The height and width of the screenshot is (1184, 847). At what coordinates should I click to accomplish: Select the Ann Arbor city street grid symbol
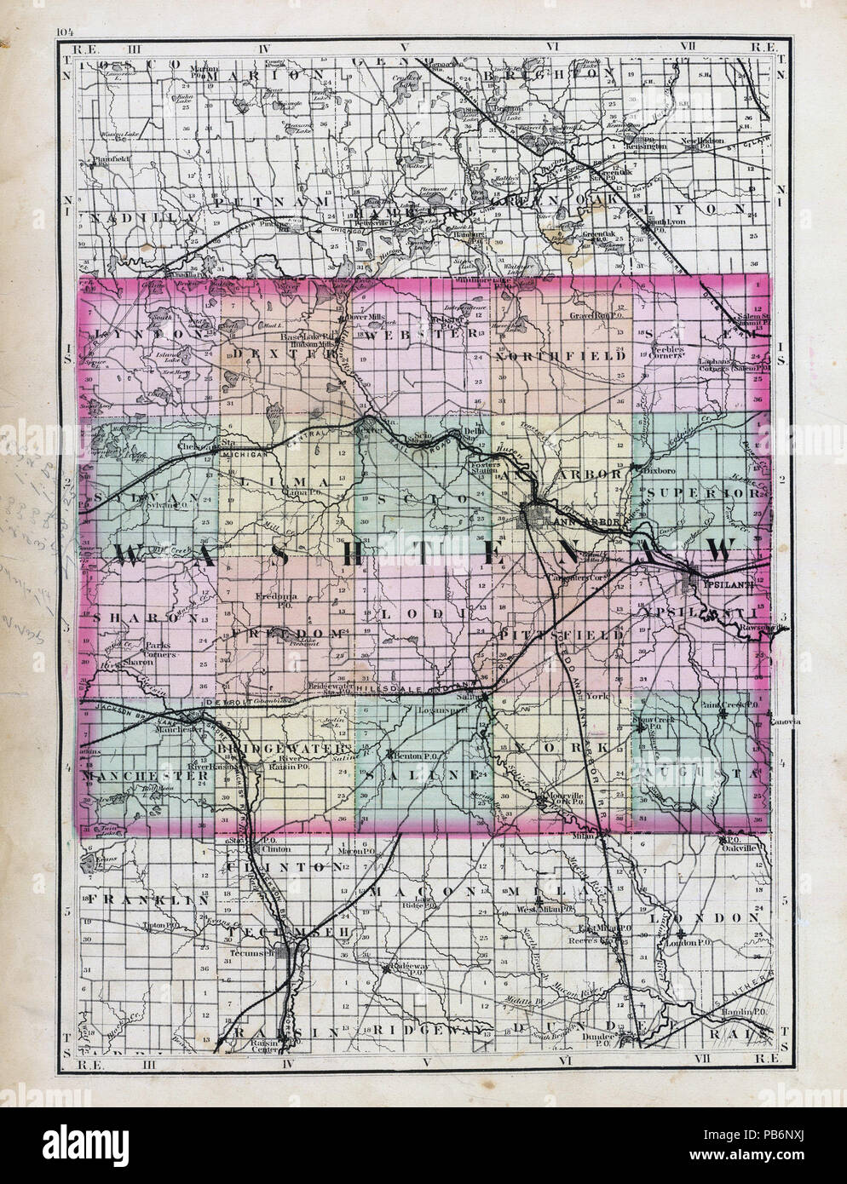tap(535, 516)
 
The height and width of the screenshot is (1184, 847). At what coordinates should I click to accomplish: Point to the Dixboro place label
tap(652, 468)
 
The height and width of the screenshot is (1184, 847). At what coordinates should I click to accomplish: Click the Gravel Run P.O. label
tap(598, 315)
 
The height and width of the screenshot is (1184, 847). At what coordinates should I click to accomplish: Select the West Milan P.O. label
tap(541, 909)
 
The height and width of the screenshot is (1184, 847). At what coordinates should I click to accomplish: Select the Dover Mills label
tap(366, 318)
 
